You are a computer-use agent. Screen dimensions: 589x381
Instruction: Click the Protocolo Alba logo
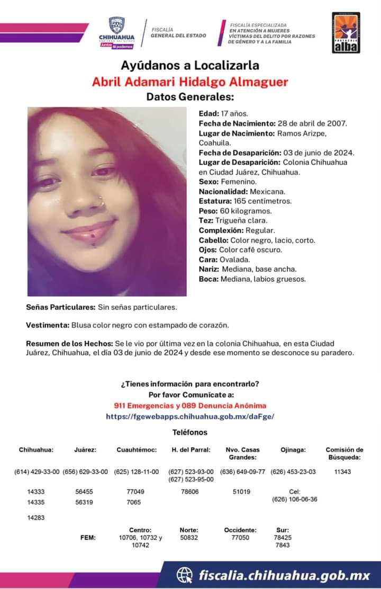point(346,33)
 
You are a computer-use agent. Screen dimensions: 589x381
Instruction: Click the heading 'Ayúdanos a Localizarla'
point(190,66)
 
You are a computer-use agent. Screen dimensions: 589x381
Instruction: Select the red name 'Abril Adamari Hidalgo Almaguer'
point(190,82)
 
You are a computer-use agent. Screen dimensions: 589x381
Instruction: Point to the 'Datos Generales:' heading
point(190,97)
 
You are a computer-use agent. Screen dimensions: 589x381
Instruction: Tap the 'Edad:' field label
point(208,113)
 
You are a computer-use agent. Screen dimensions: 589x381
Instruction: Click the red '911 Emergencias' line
point(190,405)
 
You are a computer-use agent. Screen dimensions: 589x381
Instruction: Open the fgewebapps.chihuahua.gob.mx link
point(190,417)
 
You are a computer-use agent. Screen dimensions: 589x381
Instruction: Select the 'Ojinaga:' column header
point(293,450)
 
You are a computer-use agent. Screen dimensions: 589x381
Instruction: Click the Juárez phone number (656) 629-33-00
point(85,471)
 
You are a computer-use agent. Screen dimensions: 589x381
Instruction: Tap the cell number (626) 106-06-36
point(295,499)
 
